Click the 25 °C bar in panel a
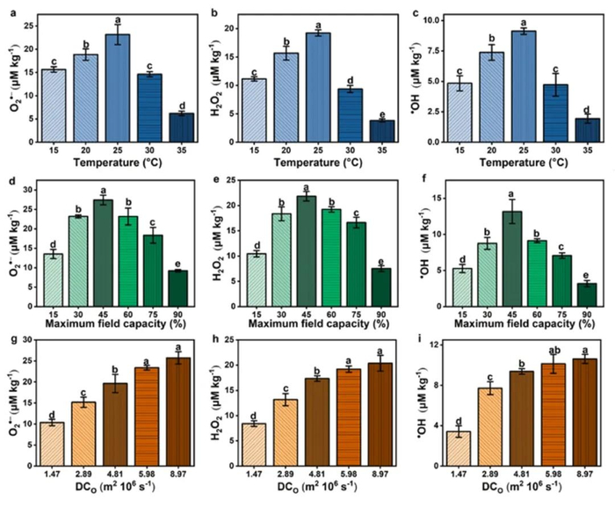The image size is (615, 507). pyautogui.click(x=119, y=88)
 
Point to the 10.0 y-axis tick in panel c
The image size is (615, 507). pyautogui.click(x=446, y=18)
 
